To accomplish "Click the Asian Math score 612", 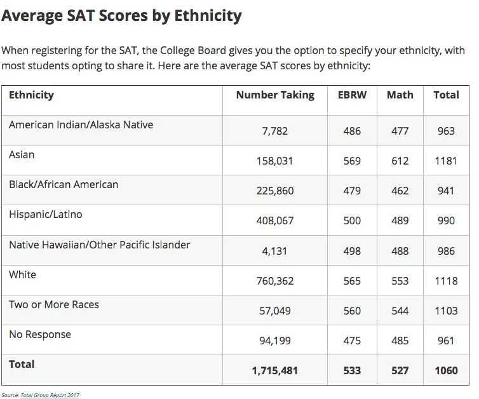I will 400,161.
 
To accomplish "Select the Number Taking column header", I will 275,95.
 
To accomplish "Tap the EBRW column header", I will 352,95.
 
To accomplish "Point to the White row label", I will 22,274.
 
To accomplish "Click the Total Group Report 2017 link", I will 50,395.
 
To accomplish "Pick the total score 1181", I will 446,161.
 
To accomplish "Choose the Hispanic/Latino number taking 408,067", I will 275,221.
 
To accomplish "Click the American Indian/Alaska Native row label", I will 81,125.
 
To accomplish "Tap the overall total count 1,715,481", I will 275,370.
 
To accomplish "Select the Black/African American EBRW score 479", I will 352,191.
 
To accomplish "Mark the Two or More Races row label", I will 54,304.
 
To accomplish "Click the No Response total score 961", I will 446,341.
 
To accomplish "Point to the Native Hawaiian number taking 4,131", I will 275,251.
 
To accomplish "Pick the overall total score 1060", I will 446,370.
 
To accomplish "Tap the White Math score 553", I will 400,281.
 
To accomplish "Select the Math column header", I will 400,95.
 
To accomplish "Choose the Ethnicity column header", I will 31,95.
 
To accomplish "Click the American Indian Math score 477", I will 400,131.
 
